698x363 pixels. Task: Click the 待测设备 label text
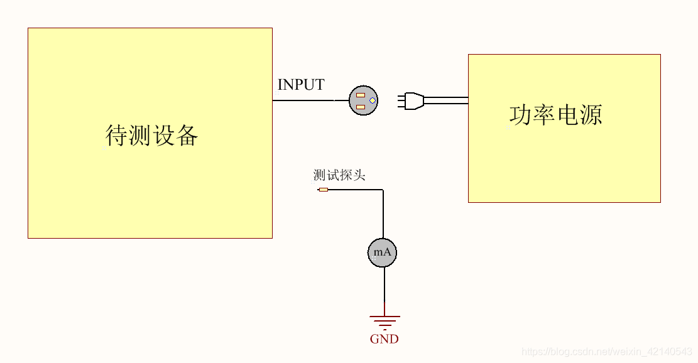coord(152,136)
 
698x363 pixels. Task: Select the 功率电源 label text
coord(555,115)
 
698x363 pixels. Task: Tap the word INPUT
coord(301,85)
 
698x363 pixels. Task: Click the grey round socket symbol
coord(364,100)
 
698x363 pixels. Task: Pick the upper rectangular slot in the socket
coord(361,95)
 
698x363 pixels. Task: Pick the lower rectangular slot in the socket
coord(361,107)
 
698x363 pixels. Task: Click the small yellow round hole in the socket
coord(373,100)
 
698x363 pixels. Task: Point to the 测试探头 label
coord(339,175)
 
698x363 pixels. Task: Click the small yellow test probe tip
coord(324,189)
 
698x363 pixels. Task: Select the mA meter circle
coord(382,252)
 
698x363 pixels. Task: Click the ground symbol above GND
coord(384,321)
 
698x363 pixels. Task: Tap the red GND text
coord(384,339)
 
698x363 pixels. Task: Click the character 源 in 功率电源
coord(591,115)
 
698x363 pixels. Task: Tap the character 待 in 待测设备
coord(117,136)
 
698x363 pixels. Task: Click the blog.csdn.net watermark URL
coord(607,352)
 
